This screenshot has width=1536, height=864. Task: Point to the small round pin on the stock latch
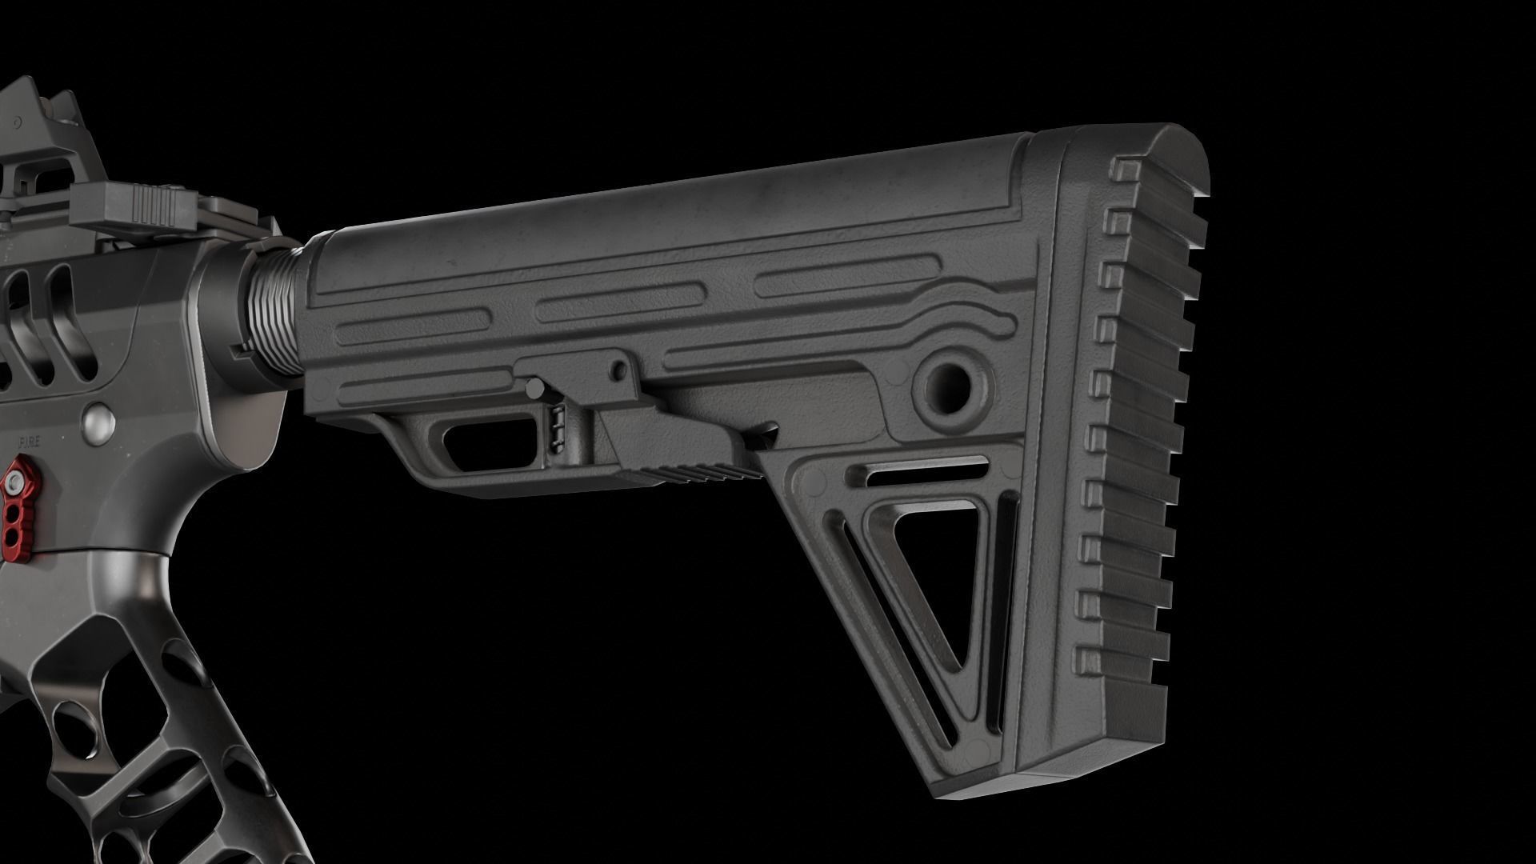[x=618, y=370]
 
